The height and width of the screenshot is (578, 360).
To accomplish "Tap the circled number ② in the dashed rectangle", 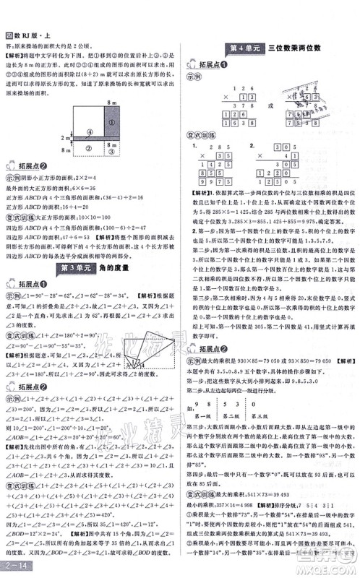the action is pyautogui.click(x=87, y=148).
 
